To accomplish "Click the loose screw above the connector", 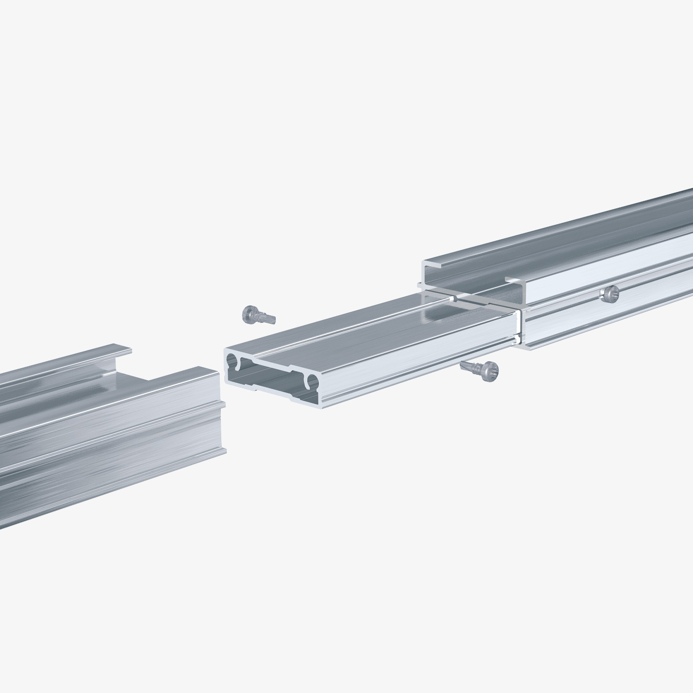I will tap(257, 315).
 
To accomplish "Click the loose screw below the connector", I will tap(479, 370).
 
